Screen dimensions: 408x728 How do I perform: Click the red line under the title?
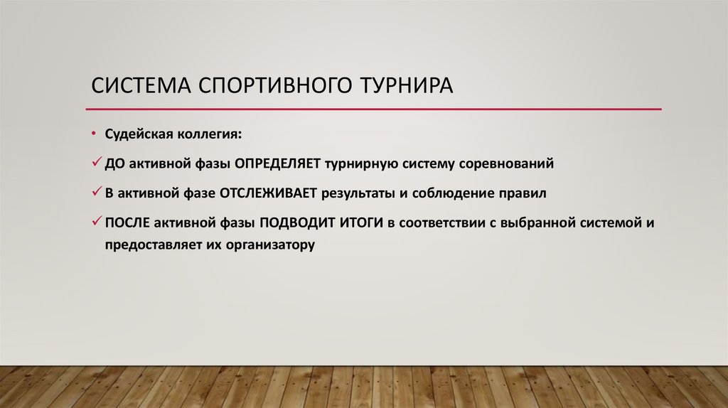point(373,109)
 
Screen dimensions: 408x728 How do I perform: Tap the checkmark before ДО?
point(97,163)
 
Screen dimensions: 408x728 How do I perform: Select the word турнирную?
point(360,163)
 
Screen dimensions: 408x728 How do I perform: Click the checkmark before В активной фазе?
point(97,192)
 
